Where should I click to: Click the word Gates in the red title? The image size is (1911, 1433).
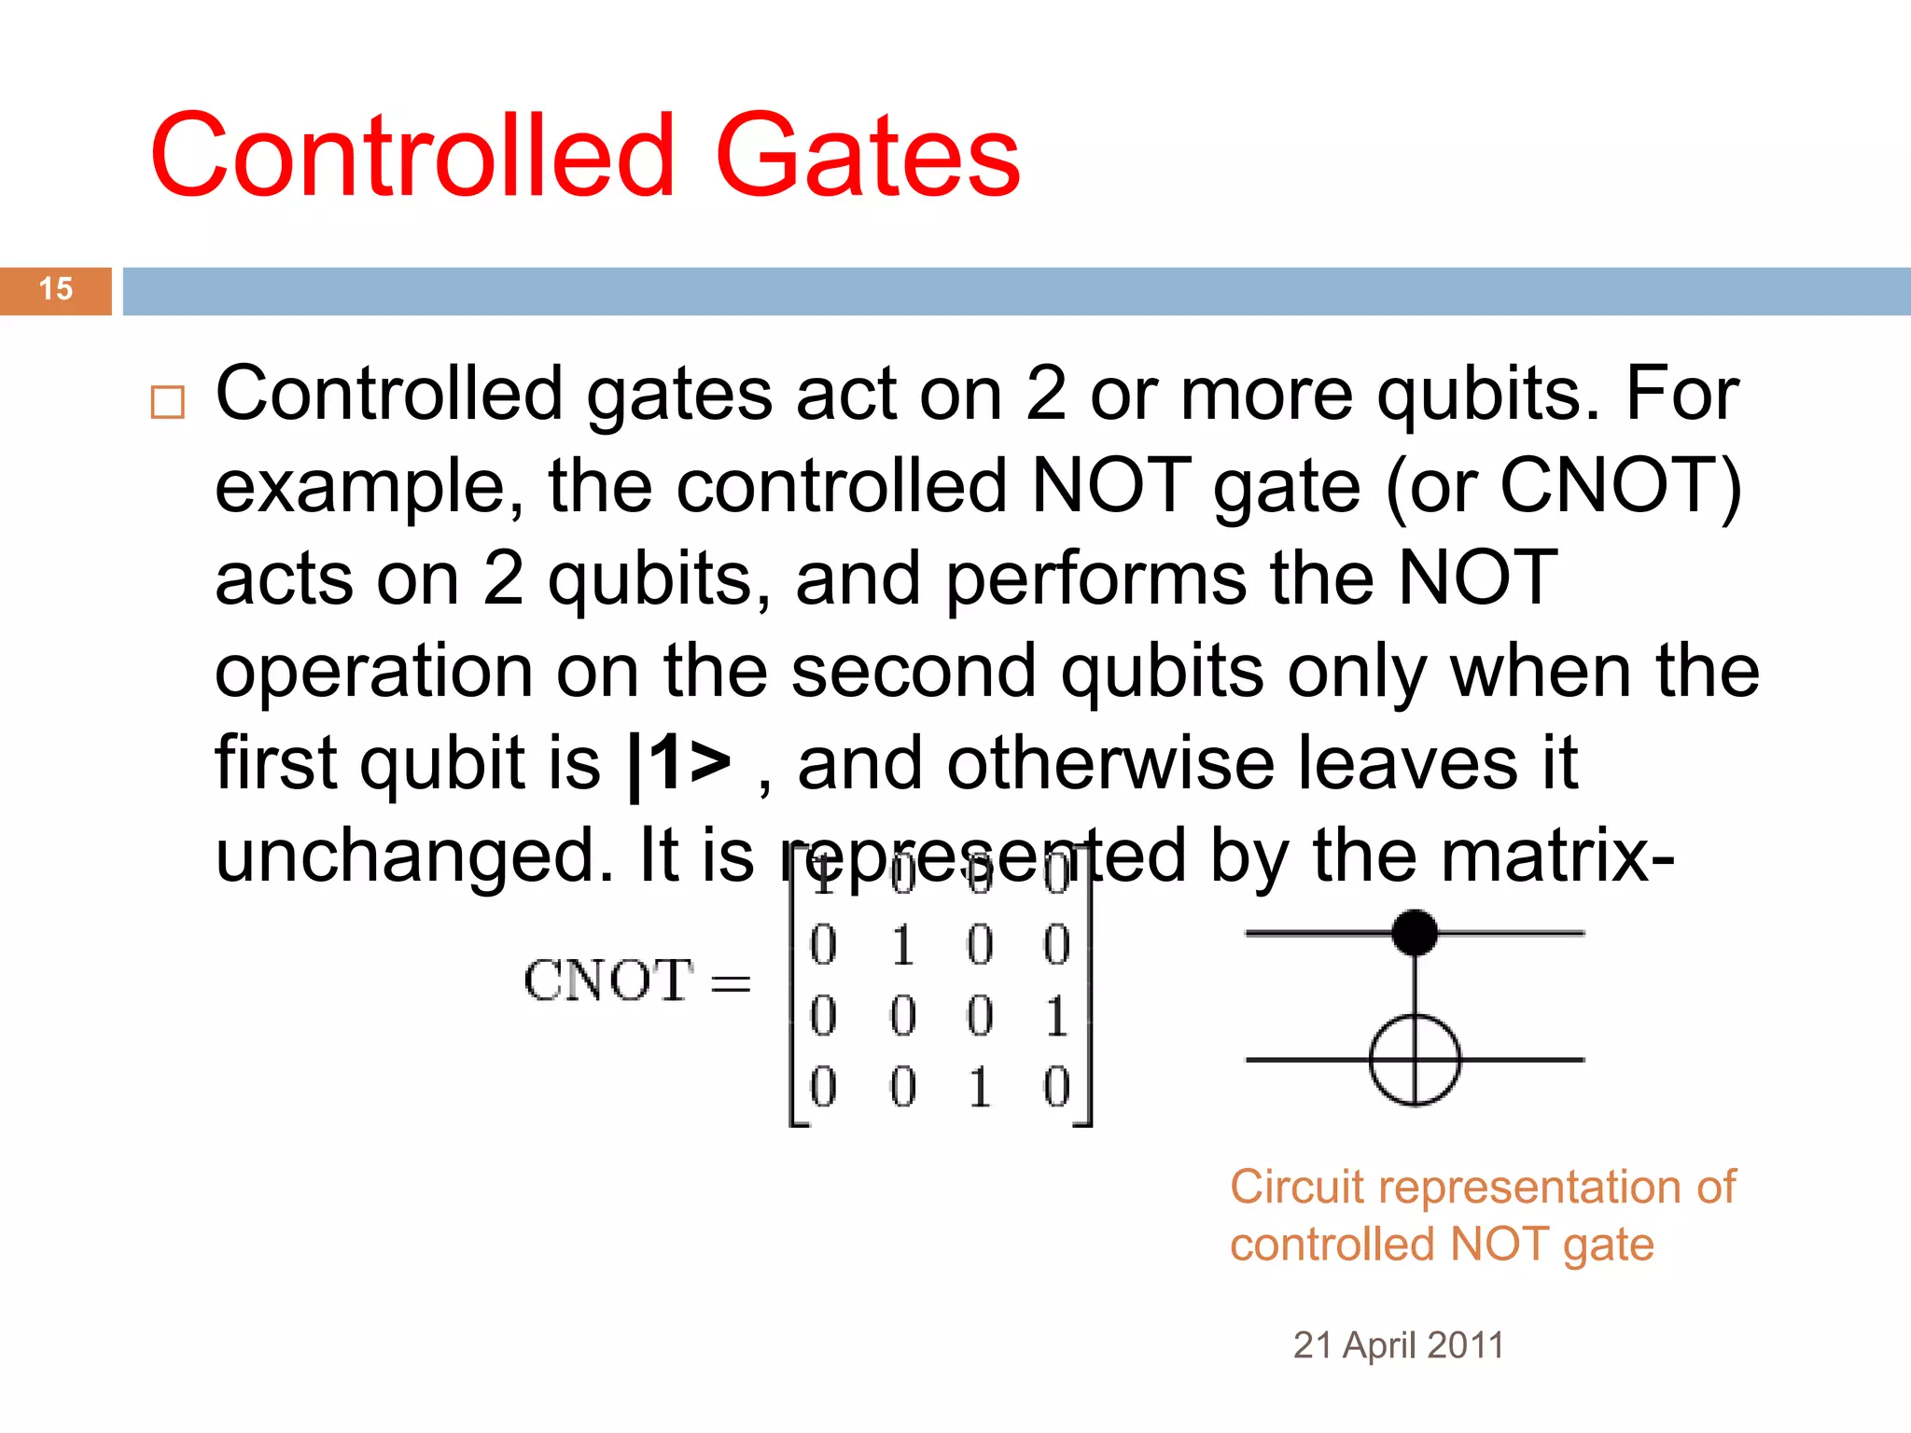(867, 156)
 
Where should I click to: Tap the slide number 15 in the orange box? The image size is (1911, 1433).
(56, 289)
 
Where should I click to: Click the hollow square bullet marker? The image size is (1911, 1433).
(168, 402)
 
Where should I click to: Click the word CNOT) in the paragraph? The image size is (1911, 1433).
(1621, 486)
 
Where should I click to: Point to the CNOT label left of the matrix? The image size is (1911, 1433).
(608, 981)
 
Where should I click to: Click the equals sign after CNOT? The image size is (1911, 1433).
(731, 983)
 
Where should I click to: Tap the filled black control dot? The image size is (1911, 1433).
(1415, 932)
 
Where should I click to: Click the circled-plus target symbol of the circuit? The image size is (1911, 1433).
(1415, 1061)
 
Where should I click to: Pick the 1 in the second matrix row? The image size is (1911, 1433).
(902, 946)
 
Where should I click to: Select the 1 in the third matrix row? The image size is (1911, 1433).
(1056, 1016)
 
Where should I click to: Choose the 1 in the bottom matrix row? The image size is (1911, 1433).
(979, 1088)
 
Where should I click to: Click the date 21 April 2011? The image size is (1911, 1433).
(1398, 1345)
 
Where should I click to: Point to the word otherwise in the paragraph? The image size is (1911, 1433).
(1109, 763)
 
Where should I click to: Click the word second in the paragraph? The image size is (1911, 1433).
(914, 671)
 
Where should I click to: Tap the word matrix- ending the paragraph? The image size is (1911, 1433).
(1494, 856)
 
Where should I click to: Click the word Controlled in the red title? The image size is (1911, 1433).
(412, 156)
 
